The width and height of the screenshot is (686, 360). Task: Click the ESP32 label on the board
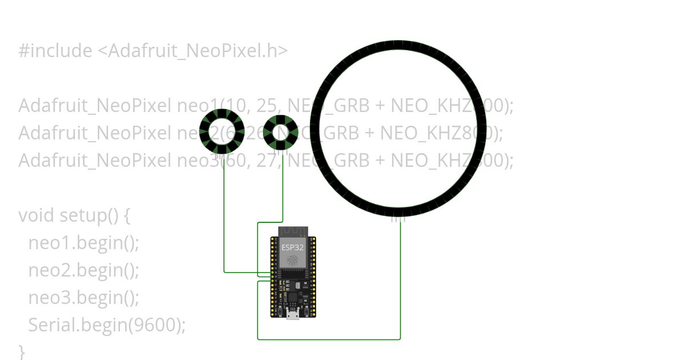293,247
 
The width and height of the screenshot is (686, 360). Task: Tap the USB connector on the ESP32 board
293,314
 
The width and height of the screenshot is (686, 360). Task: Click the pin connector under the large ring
398,218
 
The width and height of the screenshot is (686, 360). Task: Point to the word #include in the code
55,51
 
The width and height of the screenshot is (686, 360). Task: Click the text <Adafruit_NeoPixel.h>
192,51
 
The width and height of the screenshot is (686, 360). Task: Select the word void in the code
37,215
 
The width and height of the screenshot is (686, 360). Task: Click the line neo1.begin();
83,243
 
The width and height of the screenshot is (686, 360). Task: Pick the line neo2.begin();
83,270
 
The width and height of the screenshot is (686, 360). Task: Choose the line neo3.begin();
83,297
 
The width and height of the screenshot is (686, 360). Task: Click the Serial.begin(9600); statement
107,325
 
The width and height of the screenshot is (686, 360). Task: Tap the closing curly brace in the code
22,350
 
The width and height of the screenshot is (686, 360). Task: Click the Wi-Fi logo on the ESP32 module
293,260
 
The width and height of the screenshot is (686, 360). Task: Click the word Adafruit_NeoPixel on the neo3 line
94,161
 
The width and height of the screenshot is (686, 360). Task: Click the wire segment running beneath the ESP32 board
329,339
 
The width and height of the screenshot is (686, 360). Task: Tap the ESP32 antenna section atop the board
293,231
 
